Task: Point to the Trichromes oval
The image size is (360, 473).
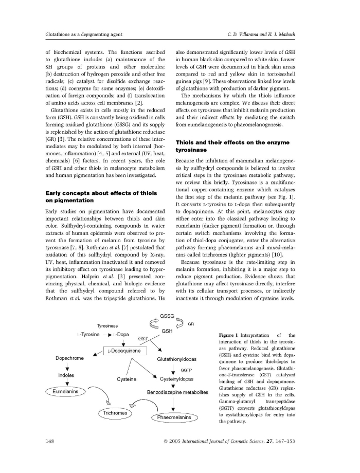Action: [114, 413]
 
